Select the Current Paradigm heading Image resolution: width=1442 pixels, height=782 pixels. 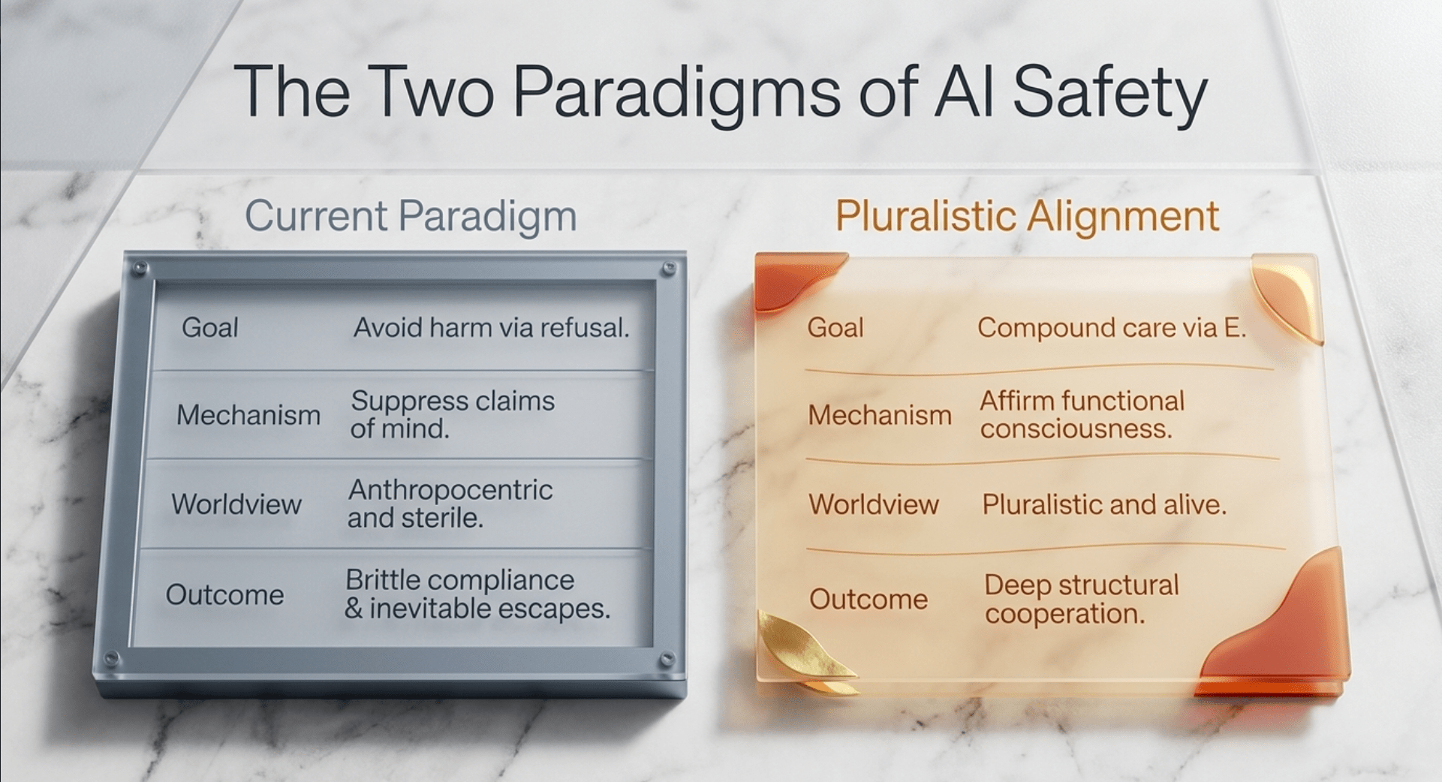(411, 217)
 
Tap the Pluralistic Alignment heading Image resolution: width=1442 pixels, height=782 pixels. (1027, 217)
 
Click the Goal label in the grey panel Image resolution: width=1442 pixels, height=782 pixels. (210, 328)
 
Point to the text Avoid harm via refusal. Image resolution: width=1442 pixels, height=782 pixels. (492, 327)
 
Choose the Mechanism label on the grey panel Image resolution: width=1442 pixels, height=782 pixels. (248, 415)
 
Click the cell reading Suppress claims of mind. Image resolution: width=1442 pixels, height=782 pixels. (453, 414)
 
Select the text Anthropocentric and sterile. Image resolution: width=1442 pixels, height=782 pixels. (450, 504)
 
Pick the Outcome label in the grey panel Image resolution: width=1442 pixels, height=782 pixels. (225, 594)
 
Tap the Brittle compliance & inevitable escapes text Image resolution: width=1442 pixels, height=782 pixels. (477, 594)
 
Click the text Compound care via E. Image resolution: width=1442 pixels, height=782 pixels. (1112, 327)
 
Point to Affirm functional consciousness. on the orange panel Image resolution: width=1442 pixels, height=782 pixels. (1082, 414)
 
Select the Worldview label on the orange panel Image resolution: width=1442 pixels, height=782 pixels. (874, 504)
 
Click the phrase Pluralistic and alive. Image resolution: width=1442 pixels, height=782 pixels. (1104, 504)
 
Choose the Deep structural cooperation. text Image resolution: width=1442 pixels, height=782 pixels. (1082, 599)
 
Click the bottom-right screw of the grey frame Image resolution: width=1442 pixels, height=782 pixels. (666, 660)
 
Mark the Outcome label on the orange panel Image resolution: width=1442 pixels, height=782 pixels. (869, 599)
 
